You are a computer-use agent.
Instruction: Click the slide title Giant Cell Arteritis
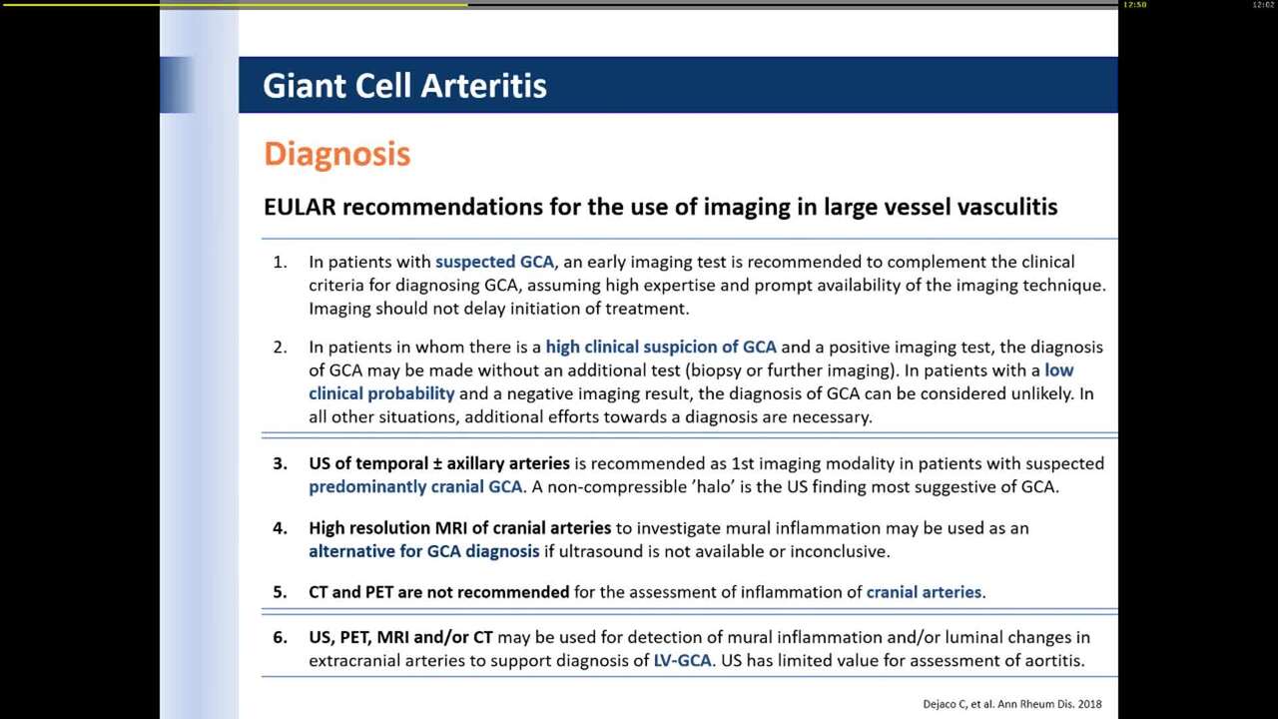click(404, 86)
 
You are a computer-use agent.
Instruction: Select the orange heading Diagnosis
click(336, 154)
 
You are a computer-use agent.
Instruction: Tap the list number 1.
click(280, 262)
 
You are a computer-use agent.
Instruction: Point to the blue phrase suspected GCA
click(494, 262)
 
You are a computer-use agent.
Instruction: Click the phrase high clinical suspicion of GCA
click(661, 347)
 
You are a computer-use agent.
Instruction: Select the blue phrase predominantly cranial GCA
click(415, 486)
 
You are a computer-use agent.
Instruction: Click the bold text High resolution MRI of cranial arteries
click(459, 527)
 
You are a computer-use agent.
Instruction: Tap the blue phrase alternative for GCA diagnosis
click(423, 550)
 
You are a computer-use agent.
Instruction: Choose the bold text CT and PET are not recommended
click(438, 591)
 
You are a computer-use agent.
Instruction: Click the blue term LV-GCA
click(682, 660)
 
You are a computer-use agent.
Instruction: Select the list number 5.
click(280, 591)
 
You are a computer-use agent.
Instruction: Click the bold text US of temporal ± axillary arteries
click(438, 463)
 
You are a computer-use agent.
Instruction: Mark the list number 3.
click(280, 463)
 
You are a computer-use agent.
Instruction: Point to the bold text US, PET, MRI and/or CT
click(400, 636)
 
